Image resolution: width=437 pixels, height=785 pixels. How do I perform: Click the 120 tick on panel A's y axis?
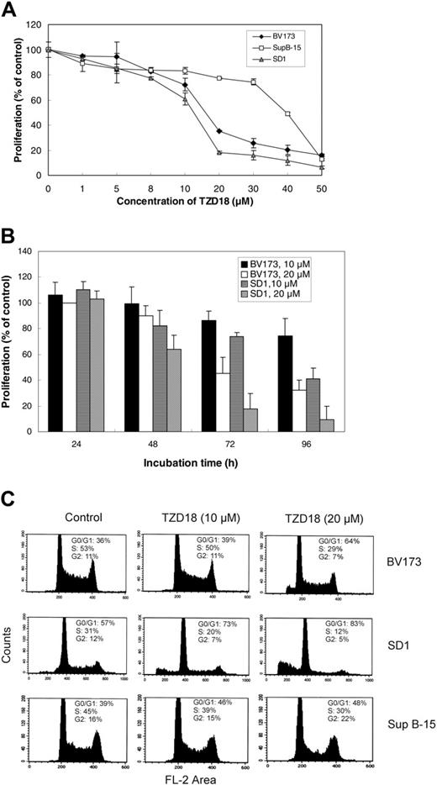coord(35,24)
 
